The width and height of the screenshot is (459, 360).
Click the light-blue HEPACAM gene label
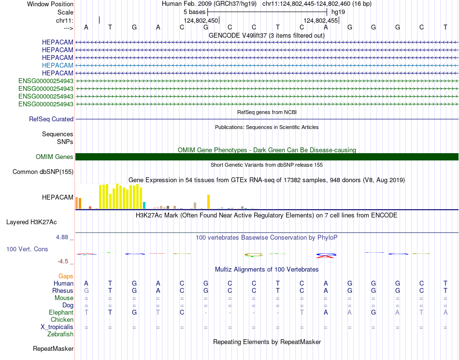click(57, 65)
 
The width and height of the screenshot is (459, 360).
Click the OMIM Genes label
click(55, 157)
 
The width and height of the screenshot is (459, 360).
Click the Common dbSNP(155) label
click(43, 172)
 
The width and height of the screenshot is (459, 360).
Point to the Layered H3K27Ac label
click(31, 222)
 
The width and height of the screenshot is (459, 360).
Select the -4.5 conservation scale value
click(63, 261)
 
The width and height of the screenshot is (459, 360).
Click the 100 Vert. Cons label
click(27, 249)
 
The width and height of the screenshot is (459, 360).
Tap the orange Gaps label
click(66, 276)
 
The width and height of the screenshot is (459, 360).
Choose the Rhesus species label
click(63, 291)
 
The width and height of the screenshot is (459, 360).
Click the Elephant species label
click(61, 313)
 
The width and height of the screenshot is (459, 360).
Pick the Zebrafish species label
click(60, 334)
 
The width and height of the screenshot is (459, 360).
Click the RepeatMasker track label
click(53, 348)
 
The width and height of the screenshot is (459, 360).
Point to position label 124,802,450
click(201, 20)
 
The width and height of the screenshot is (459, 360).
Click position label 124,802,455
click(321, 20)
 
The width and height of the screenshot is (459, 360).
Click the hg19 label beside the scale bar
click(338, 12)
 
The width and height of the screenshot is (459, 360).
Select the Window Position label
click(50, 4)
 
